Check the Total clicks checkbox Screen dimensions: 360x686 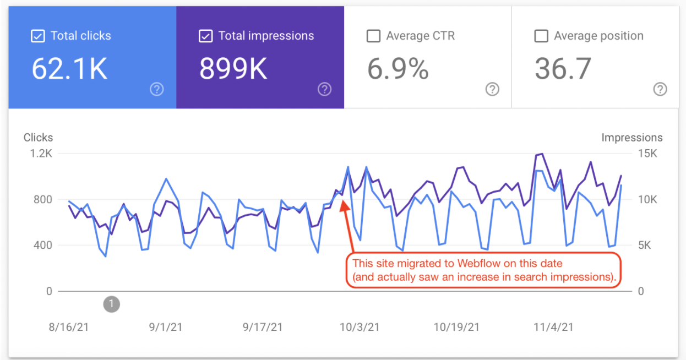(x=37, y=36)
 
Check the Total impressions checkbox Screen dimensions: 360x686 (x=205, y=36)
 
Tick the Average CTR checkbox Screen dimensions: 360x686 (x=373, y=36)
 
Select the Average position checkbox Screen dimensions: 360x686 (x=541, y=36)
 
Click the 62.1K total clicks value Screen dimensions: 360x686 (x=69, y=69)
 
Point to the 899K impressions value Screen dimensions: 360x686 (x=233, y=69)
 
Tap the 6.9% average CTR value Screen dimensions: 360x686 (x=398, y=69)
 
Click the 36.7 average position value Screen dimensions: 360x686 (x=563, y=69)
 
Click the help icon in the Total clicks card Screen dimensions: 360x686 (x=157, y=89)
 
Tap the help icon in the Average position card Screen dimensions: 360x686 (x=660, y=89)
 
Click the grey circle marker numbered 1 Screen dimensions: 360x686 (x=112, y=303)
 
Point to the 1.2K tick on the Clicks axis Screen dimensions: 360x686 (x=41, y=154)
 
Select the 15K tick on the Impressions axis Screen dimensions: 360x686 (x=647, y=154)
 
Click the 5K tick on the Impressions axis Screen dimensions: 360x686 (x=644, y=246)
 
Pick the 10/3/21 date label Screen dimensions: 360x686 (x=360, y=327)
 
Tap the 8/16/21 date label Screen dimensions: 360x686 (x=69, y=327)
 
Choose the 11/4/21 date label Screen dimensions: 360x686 (x=553, y=327)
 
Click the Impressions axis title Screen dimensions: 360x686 (x=632, y=138)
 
